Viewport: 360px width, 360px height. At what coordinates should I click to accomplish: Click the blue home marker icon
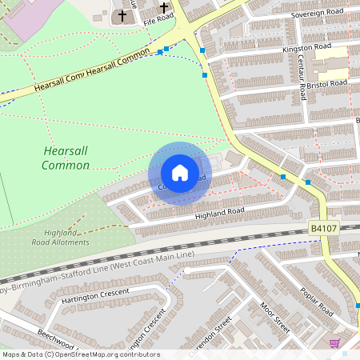pyautogui.click(x=180, y=173)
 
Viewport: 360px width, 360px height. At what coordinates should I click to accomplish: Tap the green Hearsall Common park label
pyautogui.click(x=66, y=158)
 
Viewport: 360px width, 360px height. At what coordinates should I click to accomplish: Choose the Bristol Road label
pyautogui.click(x=326, y=83)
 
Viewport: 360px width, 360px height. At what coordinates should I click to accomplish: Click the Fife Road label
pyautogui.click(x=158, y=21)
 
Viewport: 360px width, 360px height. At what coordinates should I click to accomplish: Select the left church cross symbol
pyautogui.click(x=123, y=15)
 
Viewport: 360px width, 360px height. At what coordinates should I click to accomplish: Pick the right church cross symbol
pyautogui.click(x=165, y=10)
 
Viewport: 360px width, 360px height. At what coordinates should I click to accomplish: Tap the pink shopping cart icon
pyautogui.click(x=334, y=342)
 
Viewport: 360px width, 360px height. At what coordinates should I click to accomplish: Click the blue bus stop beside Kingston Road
pyautogui.click(x=202, y=50)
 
